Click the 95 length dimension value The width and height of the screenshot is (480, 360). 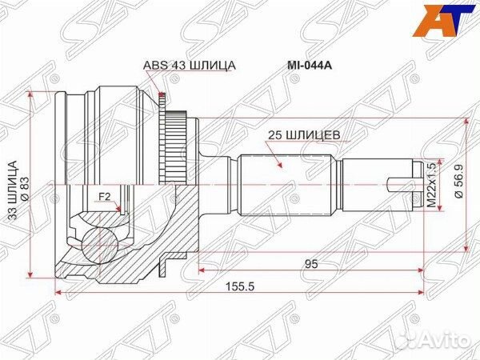pos(307,262)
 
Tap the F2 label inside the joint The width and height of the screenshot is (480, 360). pos(104,196)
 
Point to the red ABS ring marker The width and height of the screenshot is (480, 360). pos(163,100)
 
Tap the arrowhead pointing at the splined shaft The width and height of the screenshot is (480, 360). pos(280,166)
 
